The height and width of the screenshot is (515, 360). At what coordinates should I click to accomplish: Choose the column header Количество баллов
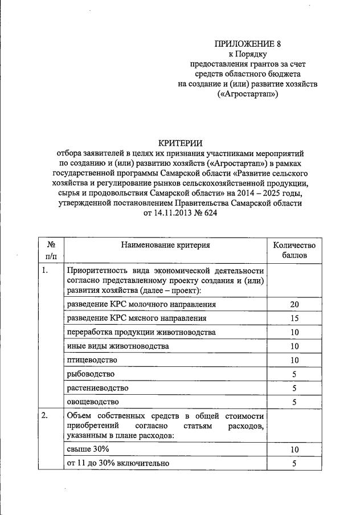pos(294,250)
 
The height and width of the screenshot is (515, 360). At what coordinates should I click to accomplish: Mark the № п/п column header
pos(51,250)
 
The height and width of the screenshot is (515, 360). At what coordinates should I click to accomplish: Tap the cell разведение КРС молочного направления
pos(133,304)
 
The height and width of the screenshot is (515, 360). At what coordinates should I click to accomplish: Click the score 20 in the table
pos(294,305)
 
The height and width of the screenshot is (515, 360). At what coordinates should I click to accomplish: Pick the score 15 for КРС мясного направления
pos(294,318)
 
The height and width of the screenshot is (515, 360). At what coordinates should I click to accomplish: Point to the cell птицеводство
pos(92,360)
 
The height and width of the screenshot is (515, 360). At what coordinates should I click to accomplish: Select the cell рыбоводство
pos(91,374)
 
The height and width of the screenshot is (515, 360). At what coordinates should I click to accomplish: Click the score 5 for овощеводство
pos(294,402)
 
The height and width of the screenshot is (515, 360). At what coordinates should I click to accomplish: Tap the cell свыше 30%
pos(85,450)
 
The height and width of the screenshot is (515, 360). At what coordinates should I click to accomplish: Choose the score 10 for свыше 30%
pos(294,450)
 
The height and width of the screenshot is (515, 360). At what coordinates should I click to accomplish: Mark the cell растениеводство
pos(97,388)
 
